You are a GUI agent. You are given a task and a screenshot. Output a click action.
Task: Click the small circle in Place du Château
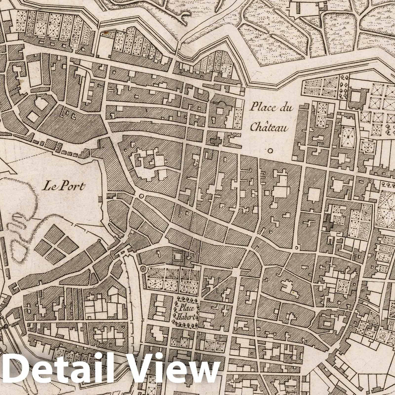(x=270, y=150)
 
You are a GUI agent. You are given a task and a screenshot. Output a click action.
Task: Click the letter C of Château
(x=254, y=128)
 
